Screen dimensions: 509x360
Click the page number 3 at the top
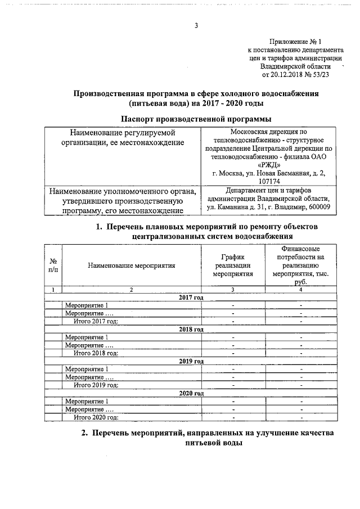(196, 25)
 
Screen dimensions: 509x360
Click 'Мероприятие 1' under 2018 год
(87, 337)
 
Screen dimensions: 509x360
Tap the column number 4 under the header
(301, 289)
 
